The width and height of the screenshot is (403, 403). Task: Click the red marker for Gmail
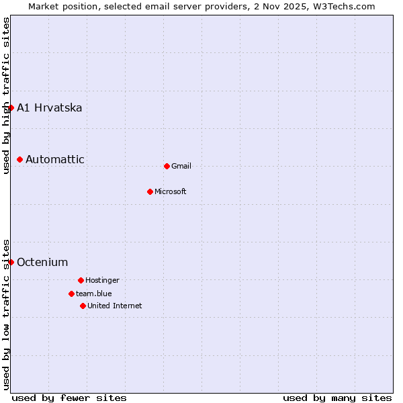[x=167, y=166]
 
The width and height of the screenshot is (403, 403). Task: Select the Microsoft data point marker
[x=150, y=191]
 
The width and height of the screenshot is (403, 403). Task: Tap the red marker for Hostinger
[x=81, y=280]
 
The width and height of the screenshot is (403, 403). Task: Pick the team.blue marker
[x=71, y=294]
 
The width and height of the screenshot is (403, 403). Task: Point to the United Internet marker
[x=83, y=306]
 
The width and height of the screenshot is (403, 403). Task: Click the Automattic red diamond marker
[x=20, y=159]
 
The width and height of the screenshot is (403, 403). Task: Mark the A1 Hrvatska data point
[x=11, y=107]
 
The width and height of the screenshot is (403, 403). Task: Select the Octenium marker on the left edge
[x=11, y=262]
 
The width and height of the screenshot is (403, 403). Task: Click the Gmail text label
[x=181, y=167]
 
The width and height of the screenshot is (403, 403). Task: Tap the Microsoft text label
[x=171, y=192]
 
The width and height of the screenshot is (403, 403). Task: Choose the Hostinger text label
[x=102, y=281]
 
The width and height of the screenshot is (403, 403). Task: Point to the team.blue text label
[x=94, y=294]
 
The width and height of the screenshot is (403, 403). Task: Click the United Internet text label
[x=115, y=306]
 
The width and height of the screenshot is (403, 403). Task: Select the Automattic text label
[x=55, y=160]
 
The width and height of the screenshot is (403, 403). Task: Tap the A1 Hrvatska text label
[x=50, y=108]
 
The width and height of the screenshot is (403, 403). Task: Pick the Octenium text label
[x=42, y=263]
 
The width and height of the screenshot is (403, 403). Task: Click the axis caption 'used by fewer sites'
[x=69, y=398]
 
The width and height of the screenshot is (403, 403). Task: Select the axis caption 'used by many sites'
[x=337, y=398]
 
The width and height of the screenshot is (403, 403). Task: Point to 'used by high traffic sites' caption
[x=7, y=95]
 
